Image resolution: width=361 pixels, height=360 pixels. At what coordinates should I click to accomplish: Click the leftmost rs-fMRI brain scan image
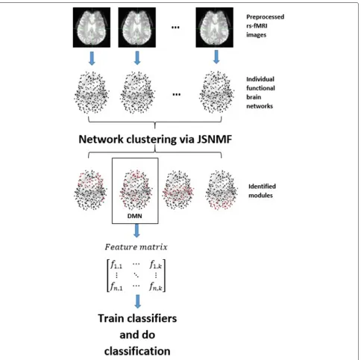pyautogui.click(x=92, y=28)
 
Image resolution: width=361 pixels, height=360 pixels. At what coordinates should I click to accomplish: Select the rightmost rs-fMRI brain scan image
pyautogui.click(x=214, y=28)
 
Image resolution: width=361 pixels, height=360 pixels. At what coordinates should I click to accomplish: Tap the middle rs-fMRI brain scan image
pyautogui.click(x=137, y=28)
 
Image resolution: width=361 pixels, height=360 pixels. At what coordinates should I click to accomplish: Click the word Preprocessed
pyautogui.click(x=265, y=17)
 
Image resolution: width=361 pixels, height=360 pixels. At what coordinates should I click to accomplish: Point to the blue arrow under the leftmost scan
pyautogui.click(x=92, y=58)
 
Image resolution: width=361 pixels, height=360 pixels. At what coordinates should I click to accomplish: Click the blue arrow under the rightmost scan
pyautogui.click(x=216, y=57)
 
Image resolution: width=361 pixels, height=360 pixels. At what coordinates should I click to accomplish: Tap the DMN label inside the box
pyautogui.click(x=135, y=216)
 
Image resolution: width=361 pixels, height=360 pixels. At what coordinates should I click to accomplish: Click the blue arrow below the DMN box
pyautogui.click(x=136, y=231)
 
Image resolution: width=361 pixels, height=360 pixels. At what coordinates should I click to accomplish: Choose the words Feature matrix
pyautogui.click(x=136, y=247)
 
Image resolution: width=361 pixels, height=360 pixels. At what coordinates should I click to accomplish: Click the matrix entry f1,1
pyautogui.click(x=116, y=264)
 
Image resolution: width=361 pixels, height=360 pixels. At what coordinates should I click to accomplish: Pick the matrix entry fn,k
pyautogui.click(x=156, y=287)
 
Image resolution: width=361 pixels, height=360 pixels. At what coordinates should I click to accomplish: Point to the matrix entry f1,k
pyautogui.click(x=156, y=264)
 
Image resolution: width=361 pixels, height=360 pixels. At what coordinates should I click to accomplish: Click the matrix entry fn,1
pyautogui.click(x=116, y=287)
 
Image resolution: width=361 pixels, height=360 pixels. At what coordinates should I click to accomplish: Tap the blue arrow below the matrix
pyautogui.click(x=137, y=302)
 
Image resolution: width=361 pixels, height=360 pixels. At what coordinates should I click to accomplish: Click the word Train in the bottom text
pyautogui.click(x=110, y=318)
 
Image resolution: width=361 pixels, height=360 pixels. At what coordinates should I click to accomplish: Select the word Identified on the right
pyautogui.click(x=262, y=187)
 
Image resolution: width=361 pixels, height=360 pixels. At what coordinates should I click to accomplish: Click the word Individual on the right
pyautogui.click(x=260, y=79)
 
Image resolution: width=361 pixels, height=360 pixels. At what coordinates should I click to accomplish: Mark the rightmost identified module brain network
pyautogui.click(x=222, y=190)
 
